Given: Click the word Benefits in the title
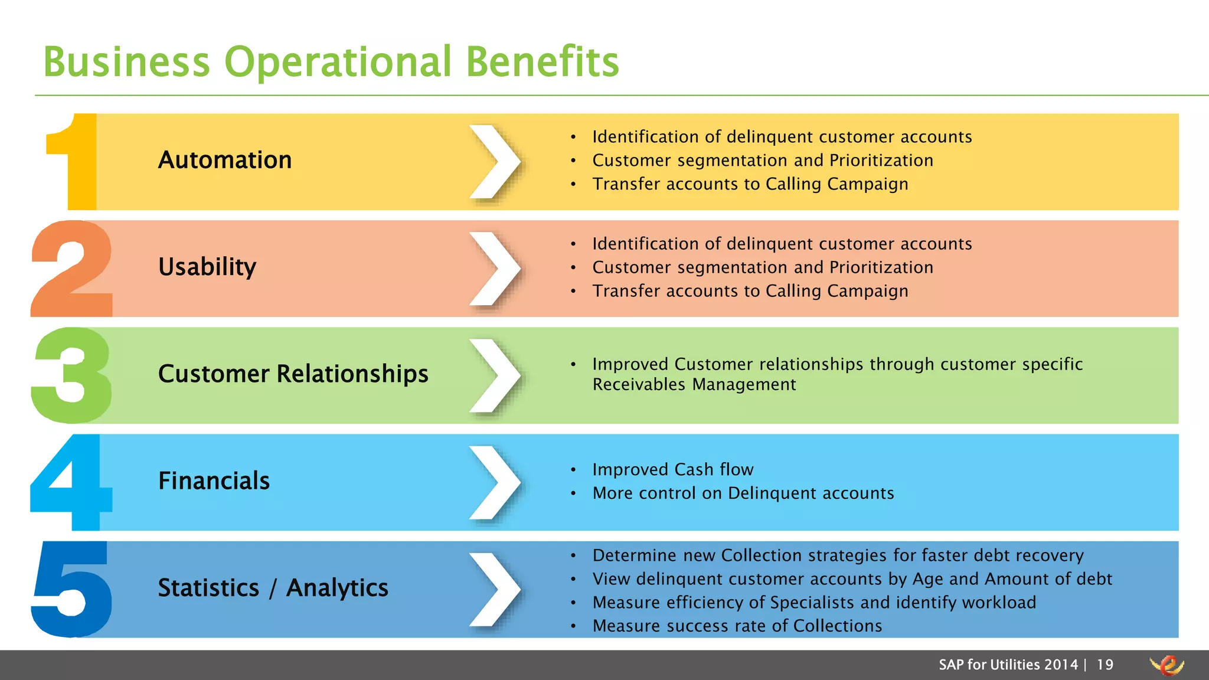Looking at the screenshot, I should coord(542,61).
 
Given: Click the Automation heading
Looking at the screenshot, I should coord(225,160).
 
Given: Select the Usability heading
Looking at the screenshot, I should coord(207,267).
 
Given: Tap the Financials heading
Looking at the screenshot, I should coord(214,480).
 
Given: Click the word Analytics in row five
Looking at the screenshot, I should coord(337,588).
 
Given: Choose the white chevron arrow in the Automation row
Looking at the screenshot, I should coord(495,162).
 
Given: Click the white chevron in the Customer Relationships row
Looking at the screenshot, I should coord(495,375).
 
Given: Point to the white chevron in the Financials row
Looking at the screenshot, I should coord(495,482).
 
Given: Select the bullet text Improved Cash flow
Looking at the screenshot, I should coord(673,469).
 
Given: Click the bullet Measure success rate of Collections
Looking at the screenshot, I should coord(737,626).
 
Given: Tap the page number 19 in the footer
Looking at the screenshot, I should coord(1105,665).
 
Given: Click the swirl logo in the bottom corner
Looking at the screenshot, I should coord(1166,665).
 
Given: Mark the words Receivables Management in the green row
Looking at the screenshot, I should coord(694,384).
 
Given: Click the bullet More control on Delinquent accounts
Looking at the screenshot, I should coord(743,493).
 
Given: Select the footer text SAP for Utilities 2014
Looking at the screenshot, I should coord(1008,665).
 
